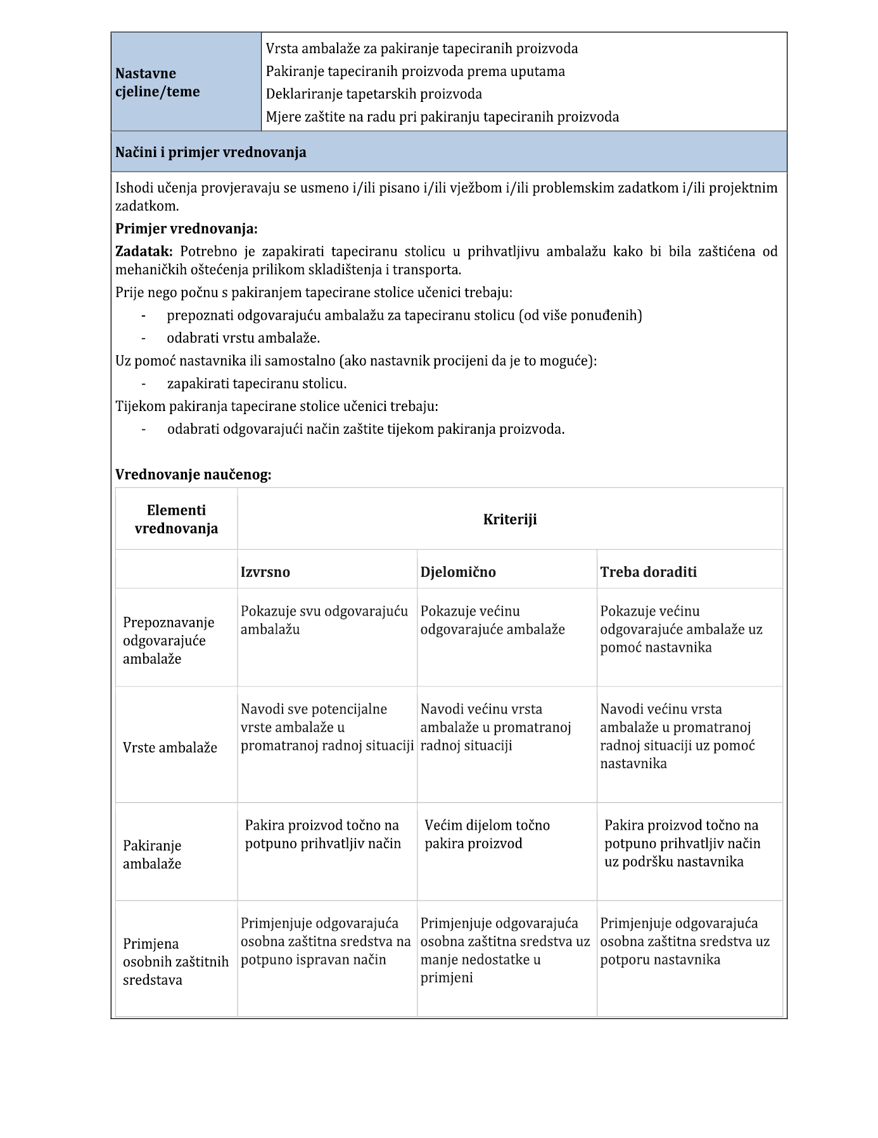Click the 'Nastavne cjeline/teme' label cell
[157, 82]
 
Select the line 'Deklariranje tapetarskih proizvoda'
[374, 94]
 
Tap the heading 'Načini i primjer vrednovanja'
[211, 153]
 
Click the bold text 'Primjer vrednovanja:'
[186, 229]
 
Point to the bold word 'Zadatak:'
[144, 251]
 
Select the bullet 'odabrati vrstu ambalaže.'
[243, 338]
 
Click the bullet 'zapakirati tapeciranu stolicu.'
[257, 384]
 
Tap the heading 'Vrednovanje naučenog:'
[193, 474]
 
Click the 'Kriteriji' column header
[510, 520]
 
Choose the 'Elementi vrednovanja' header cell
[176, 519]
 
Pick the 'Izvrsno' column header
[265, 572]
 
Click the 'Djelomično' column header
[458, 572]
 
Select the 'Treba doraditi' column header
[648, 572]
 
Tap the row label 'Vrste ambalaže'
[170, 748]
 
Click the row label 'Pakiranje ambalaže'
[152, 855]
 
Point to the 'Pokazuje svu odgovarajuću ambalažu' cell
[324, 621]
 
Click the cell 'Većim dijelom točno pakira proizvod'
[487, 834]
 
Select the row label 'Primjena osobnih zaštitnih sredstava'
[175, 962]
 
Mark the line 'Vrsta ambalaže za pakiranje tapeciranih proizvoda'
[421, 49]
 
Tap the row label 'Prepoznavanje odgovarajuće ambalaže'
[169, 641]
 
